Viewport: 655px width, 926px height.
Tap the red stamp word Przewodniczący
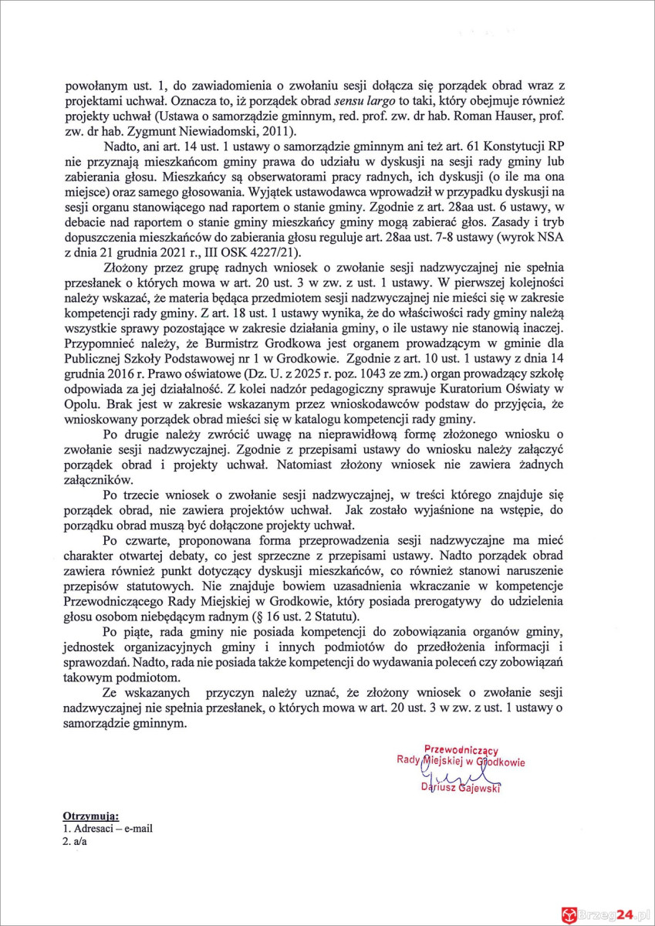[461, 749]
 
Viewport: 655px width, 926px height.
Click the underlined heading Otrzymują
[89, 814]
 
